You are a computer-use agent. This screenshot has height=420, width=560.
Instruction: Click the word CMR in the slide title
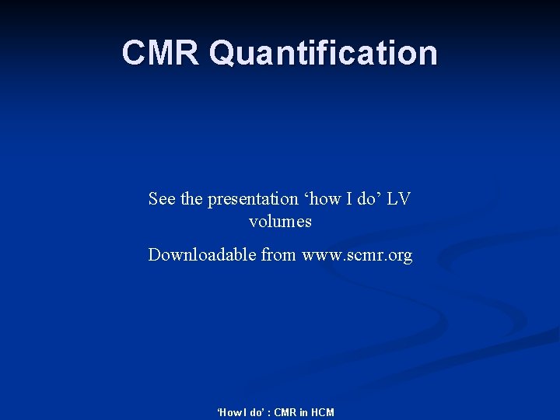(161, 53)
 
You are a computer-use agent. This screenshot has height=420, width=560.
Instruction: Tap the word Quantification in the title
(323, 53)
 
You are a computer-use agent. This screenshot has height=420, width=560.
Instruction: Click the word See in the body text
(162, 199)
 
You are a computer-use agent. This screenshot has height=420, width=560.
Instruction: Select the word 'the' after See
(191, 199)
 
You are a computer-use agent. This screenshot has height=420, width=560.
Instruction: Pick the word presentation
(253, 200)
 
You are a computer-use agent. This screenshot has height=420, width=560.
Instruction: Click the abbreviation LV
(399, 199)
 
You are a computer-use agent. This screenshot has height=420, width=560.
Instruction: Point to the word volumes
(280, 222)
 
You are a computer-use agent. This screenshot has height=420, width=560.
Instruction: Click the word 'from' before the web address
(280, 255)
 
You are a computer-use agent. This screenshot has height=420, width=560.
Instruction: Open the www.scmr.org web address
(357, 256)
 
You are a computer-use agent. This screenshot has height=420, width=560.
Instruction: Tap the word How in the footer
(227, 412)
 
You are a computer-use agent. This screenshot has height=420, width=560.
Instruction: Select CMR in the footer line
(285, 412)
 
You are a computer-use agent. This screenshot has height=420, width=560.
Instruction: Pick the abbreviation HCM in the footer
(323, 412)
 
